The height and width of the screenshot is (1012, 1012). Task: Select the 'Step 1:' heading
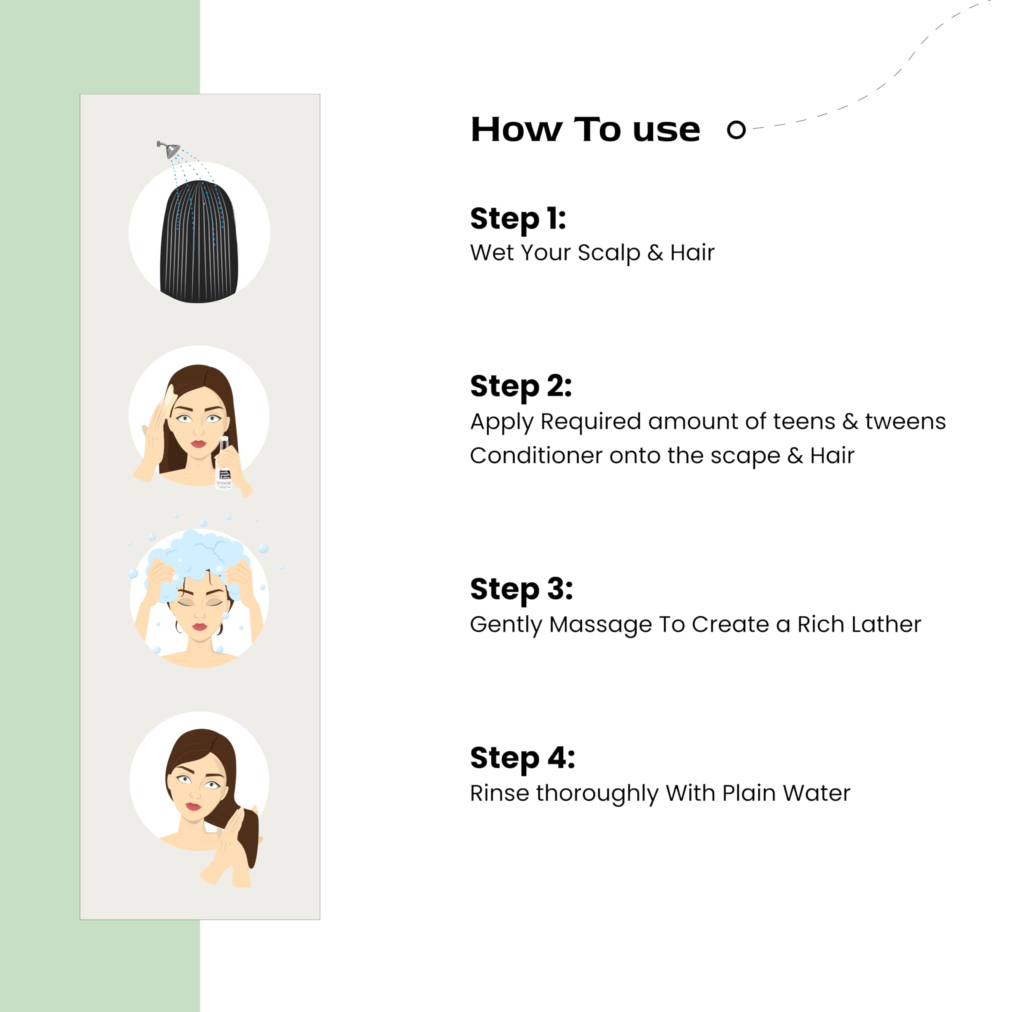(x=518, y=219)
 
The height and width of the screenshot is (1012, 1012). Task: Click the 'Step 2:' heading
(x=521, y=386)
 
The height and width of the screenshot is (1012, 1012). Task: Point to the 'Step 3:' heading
(x=521, y=589)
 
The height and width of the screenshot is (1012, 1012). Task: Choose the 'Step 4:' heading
(x=522, y=758)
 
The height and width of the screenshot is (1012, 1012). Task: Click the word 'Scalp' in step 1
(x=609, y=253)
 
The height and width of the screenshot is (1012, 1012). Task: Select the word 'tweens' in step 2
(x=905, y=422)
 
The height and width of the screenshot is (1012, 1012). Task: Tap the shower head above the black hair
(x=169, y=149)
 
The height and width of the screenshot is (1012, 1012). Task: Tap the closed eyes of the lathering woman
(x=200, y=602)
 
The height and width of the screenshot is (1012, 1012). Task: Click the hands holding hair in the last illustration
(x=230, y=849)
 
